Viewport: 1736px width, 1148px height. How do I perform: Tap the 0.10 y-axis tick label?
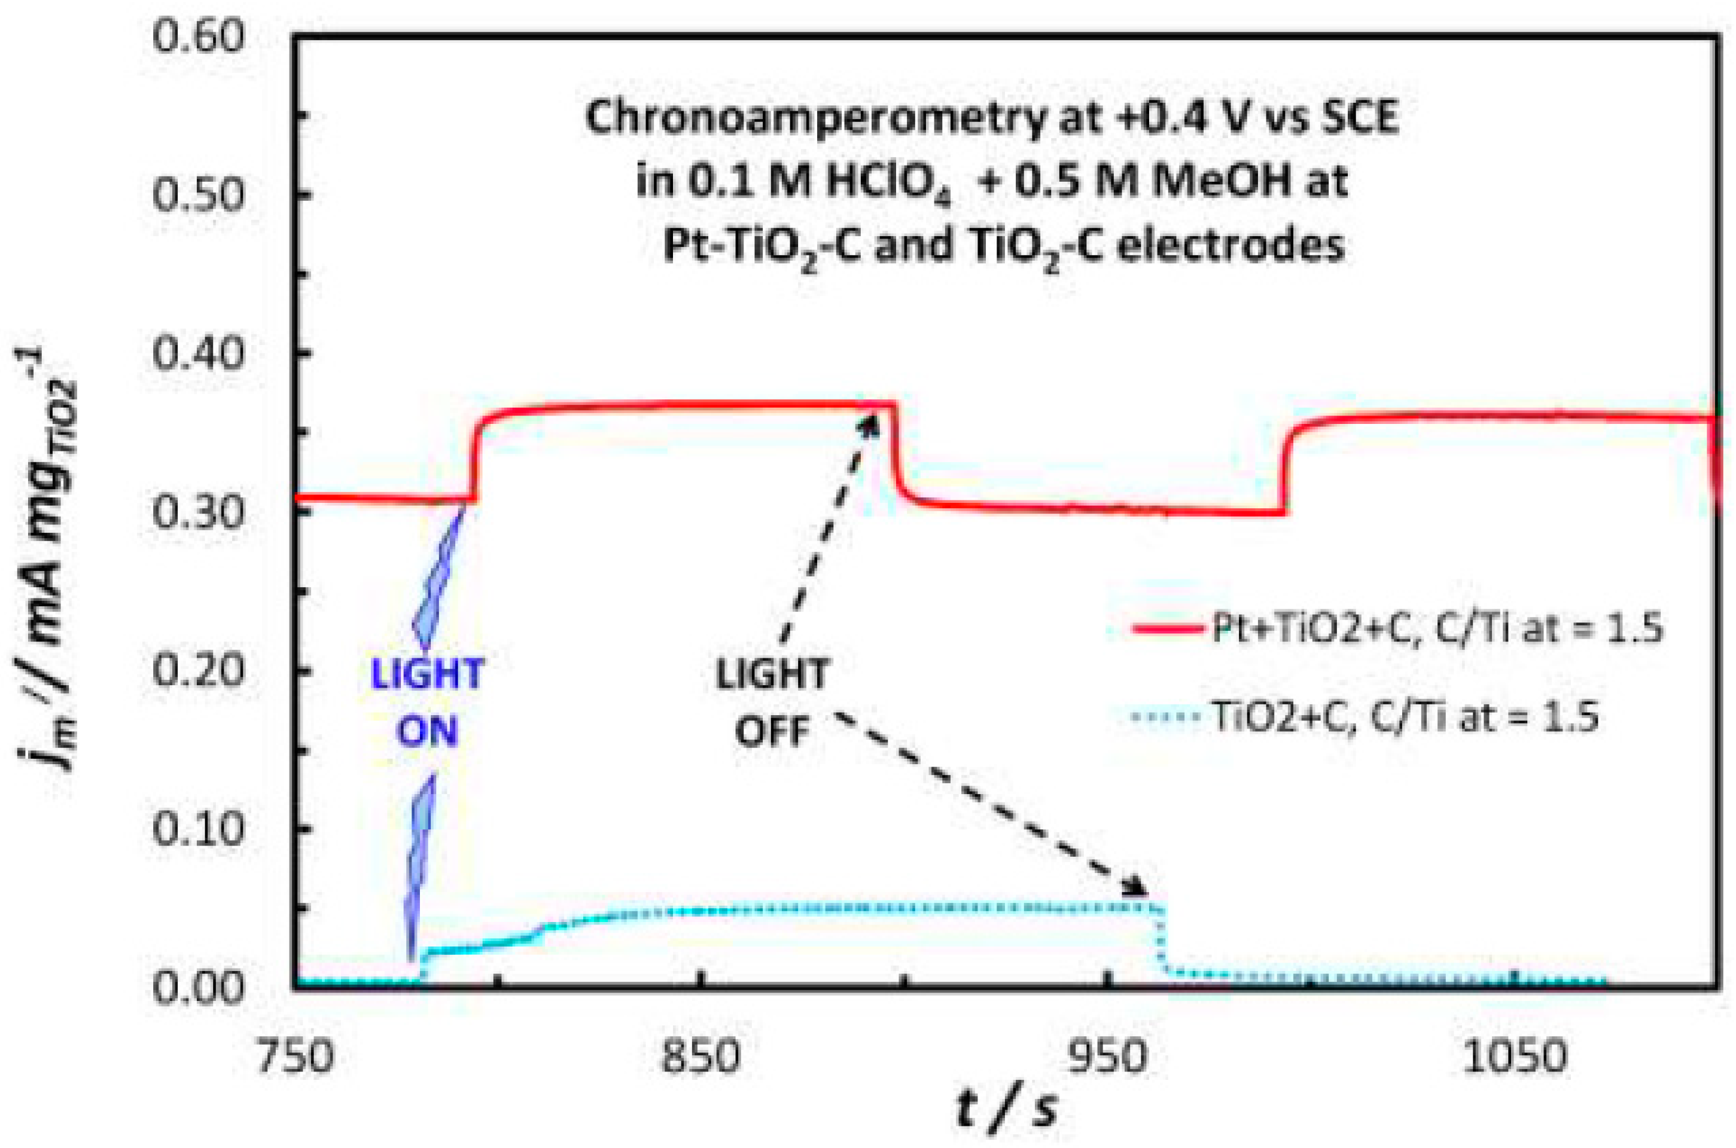pyautogui.click(x=186, y=831)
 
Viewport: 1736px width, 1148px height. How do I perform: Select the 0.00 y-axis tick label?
pyautogui.click(x=186, y=988)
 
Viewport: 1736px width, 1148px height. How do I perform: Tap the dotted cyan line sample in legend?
pyautogui.click(x=1165, y=717)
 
